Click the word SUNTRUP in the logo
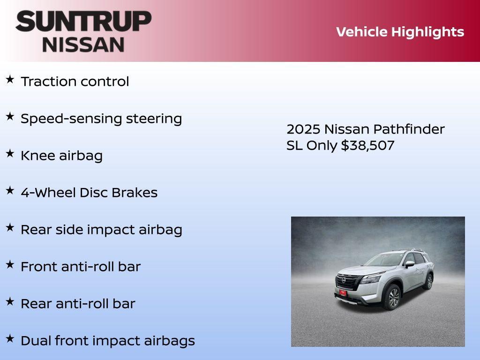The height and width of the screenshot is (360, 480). [83, 22]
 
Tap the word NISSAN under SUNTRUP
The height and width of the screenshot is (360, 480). [83, 45]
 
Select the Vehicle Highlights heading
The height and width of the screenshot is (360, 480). [400, 32]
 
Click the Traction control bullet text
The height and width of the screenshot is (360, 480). [75, 82]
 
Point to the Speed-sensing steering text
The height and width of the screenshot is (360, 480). [101, 119]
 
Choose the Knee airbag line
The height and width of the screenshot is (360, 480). [61, 156]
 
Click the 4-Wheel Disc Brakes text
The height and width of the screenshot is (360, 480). [89, 193]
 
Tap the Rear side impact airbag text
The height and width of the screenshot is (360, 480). [101, 230]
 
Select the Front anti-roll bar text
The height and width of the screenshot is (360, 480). [80, 267]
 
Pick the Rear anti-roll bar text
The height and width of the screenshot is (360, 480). [78, 304]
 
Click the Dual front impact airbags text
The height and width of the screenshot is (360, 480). [107, 341]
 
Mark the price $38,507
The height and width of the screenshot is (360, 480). [367, 145]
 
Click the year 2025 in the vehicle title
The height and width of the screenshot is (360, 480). [303, 129]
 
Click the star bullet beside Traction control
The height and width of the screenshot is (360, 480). [10, 79]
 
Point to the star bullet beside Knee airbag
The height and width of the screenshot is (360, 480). [10, 153]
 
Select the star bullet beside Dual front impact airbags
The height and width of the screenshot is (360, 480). [10, 338]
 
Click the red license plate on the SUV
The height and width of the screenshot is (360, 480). [343, 293]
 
